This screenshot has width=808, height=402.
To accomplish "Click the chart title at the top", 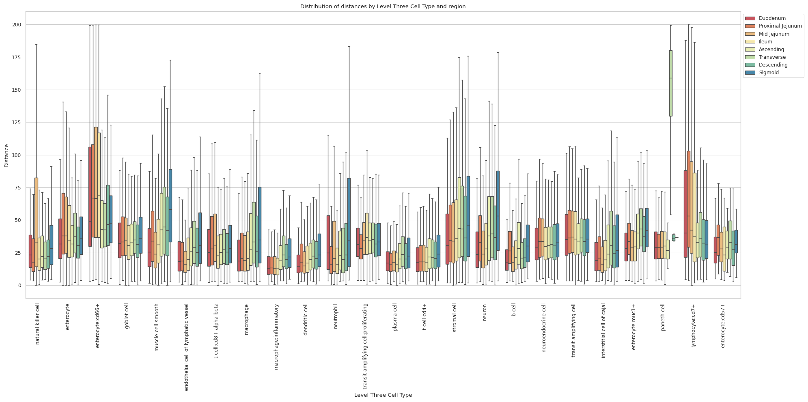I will [383, 6].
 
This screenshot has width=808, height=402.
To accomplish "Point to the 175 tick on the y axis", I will [17, 57].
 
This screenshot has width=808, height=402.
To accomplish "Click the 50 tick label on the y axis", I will [18, 220].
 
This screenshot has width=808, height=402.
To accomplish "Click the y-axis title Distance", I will [6, 155].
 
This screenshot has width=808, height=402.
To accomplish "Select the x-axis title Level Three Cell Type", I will [383, 395].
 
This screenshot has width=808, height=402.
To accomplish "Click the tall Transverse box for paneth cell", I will [671, 83].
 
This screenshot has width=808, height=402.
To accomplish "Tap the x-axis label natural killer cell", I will [38, 322].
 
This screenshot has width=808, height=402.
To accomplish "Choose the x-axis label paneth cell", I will [663, 317].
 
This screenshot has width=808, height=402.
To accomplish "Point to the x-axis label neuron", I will [485, 312].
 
